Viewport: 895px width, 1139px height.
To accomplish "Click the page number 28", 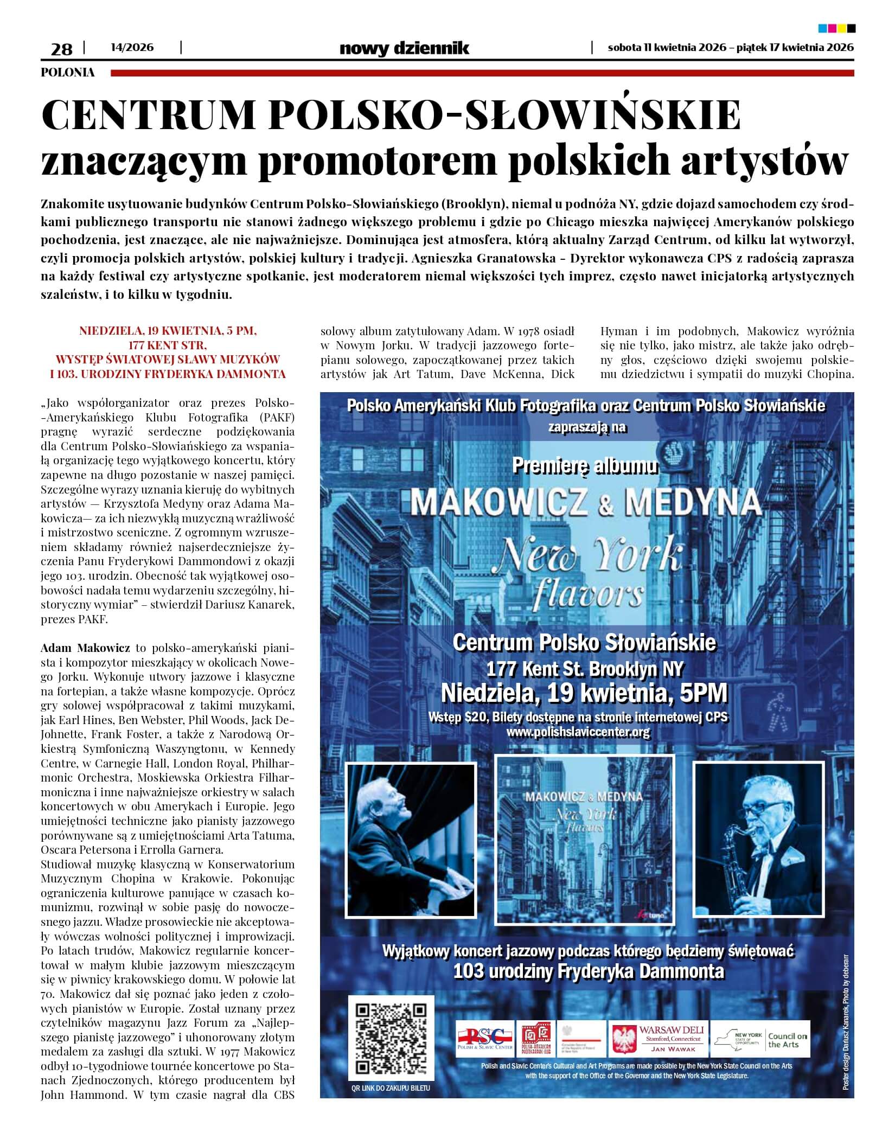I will click(61, 49).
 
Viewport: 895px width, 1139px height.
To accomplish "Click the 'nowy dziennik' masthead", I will click(404, 48).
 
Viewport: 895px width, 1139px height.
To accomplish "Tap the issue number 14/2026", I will click(132, 48).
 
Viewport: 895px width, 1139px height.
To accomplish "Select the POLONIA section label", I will click(68, 72).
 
